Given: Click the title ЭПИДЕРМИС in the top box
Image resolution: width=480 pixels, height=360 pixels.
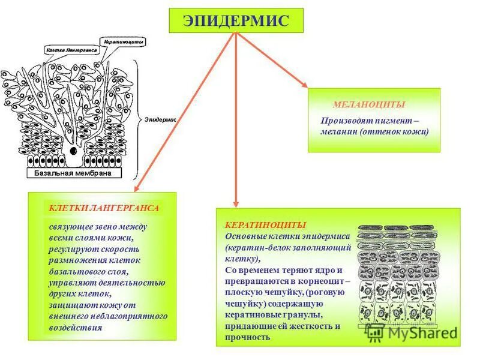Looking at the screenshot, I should [236, 21].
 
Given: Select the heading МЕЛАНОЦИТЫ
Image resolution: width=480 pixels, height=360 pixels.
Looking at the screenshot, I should [361, 104].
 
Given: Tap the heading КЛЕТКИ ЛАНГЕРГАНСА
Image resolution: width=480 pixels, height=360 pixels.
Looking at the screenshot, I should [104, 208].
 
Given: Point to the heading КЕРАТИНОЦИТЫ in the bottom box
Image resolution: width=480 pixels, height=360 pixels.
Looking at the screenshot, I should [265, 224].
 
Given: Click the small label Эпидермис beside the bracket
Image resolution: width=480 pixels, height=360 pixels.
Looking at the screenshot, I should [160, 119].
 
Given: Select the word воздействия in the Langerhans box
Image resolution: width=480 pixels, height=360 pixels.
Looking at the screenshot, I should [76, 328].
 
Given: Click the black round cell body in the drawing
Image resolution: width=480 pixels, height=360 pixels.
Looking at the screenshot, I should [73, 151].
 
